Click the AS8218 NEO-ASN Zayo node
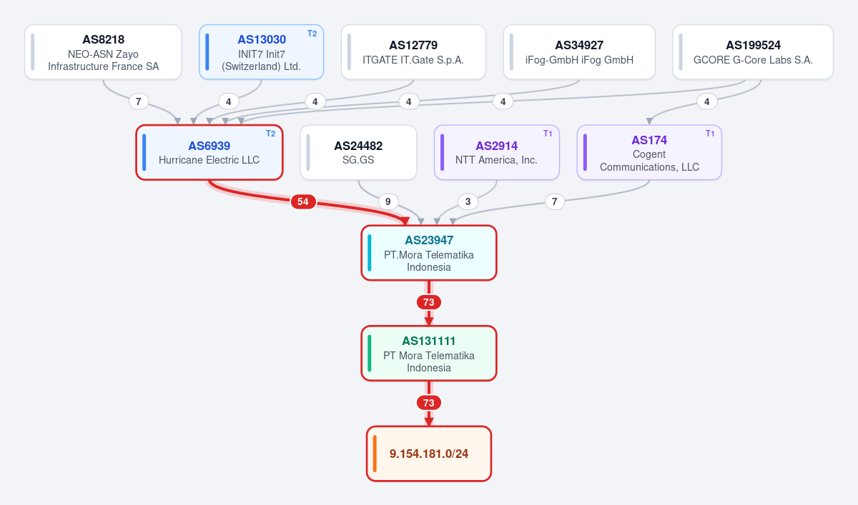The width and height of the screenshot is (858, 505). [x=103, y=52]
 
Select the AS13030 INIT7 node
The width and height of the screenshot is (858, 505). [x=261, y=52]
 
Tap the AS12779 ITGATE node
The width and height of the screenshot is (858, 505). [x=413, y=52]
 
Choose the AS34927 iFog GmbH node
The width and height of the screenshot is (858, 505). [x=579, y=52]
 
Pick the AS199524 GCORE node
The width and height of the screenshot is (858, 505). [x=753, y=52]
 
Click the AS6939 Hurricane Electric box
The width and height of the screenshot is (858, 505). [x=209, y=152]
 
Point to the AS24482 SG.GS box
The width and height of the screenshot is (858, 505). [x=358, y=152]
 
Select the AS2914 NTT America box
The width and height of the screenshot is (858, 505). [x=497, y=152]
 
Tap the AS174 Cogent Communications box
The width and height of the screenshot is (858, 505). [x=649, y=152]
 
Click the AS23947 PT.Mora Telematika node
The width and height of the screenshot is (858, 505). [x=429, y=253]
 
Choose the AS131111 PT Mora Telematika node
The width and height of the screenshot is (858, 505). [x=429, y=354]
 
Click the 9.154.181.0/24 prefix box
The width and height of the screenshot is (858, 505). [x=429, y=454]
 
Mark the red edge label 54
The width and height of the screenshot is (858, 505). [x=303, y=201]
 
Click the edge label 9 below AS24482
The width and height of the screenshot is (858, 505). [x=388, y=201]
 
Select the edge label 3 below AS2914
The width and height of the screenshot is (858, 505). [x=468, y=201]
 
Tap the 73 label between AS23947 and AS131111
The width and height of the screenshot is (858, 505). [x=428, y=302]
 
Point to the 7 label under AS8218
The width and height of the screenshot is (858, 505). [x=139, y=101]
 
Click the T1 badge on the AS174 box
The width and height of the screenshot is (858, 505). [x=710, y=134]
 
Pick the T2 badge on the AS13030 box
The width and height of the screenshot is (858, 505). [x=312, y=34]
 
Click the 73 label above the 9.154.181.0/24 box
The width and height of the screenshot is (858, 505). [x=428, y=403]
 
